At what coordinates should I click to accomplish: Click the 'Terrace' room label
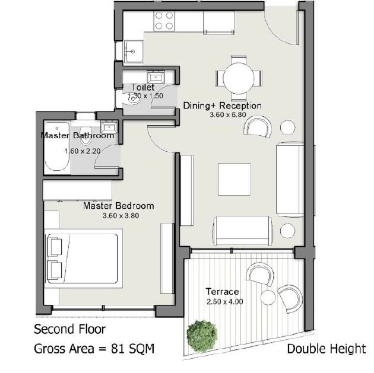(x=222, y=292)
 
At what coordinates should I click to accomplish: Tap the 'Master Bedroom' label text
(x=118, y=206)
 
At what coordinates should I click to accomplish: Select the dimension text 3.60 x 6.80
(x=228, y=115)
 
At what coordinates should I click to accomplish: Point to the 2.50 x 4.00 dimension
(x=224, y=302)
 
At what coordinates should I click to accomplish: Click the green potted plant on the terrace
(x=202, y=336)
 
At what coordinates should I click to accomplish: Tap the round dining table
(x=238, y=78)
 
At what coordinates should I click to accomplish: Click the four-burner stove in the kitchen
(x=164, y=21)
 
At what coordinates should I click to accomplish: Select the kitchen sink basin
(x=134, y=52)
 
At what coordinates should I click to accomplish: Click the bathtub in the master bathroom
(x=57, y=146)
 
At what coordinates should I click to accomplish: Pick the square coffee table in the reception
(x=234, y=179)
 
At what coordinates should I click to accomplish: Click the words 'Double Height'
(x=327, y=349)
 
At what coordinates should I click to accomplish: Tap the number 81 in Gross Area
(x=118, y=349)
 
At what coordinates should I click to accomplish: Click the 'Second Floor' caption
(x=69, y=329)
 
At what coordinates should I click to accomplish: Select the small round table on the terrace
(x=268, y=297)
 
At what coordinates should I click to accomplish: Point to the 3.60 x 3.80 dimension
(x=121, y=216)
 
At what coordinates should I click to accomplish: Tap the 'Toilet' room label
(x=143, y=87)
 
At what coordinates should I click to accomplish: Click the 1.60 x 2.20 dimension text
(x=83, y=151)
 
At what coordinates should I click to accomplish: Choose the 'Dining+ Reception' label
(x=222, y=106)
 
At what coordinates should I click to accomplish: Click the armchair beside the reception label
(x=258, y=126)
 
